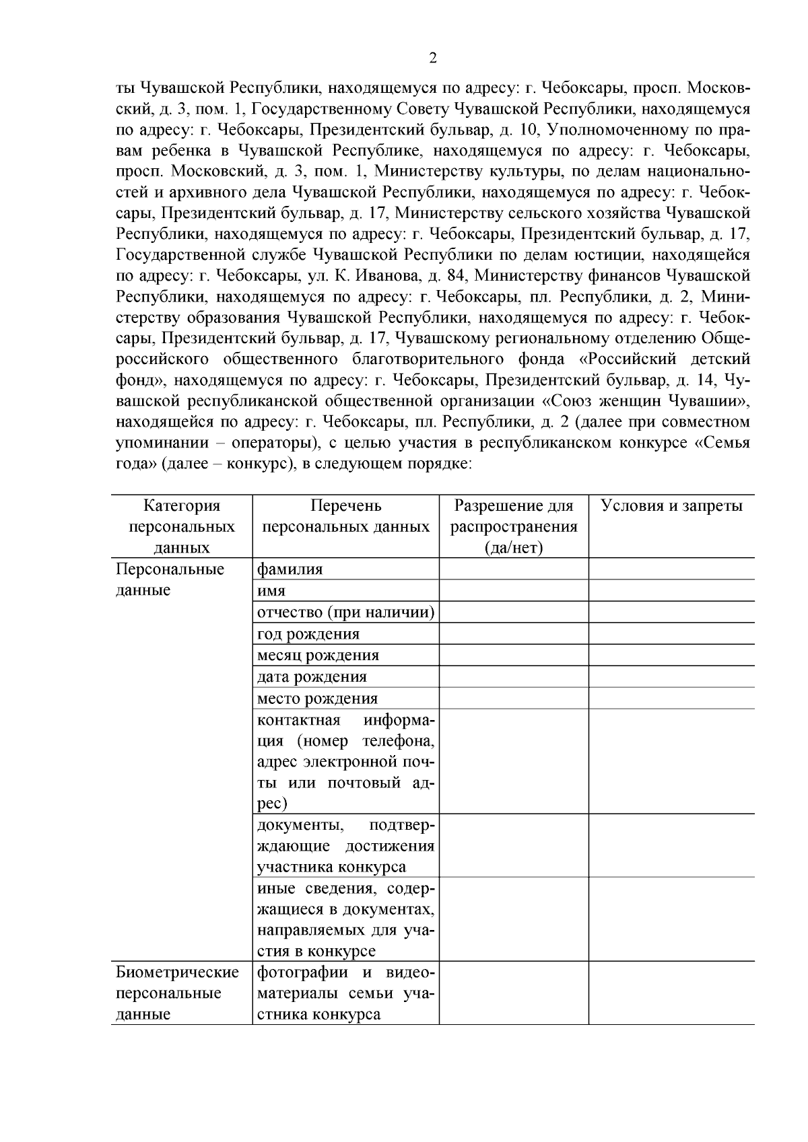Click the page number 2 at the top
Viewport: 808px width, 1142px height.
coord(432,58)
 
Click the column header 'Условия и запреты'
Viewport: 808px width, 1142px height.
coord(671,506)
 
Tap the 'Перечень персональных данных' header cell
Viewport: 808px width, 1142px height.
coord(345,516)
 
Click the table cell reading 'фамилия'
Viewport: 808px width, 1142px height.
coord(290,569)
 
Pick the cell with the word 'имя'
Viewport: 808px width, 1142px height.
coord(271,591)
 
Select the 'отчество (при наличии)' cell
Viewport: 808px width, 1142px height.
coord(345,612)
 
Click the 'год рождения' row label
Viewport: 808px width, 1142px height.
coord(308,634)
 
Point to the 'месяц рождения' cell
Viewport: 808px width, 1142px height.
coord(318,655)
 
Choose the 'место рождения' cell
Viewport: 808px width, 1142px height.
coord(317,699)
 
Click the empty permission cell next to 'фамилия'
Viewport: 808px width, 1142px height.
coord(514,569)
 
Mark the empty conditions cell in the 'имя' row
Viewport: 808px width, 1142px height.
coord(671,591)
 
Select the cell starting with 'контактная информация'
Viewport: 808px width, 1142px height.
coord(345,762)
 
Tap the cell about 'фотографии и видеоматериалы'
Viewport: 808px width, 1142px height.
coord(345,993)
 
